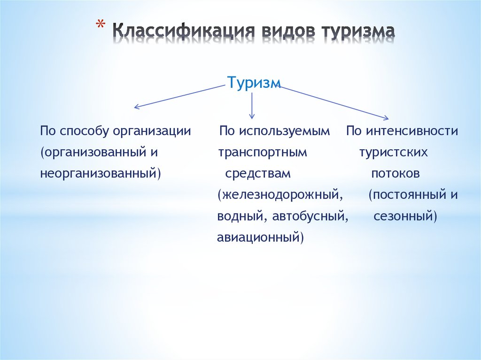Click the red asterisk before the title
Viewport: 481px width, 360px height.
100,24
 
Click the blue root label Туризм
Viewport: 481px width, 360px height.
254,83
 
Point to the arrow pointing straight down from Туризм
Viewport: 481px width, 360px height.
252,106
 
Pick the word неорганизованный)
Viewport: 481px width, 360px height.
101,174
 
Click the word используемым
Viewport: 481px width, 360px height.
284,131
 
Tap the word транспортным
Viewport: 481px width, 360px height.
263,153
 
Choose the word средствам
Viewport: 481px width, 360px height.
258,174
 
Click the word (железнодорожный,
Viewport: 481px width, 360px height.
280,195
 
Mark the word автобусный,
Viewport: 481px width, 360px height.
310,217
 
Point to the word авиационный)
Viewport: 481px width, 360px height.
260,238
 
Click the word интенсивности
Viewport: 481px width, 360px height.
412,131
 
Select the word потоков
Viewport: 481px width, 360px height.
396,174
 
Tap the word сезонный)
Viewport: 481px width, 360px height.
405,216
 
